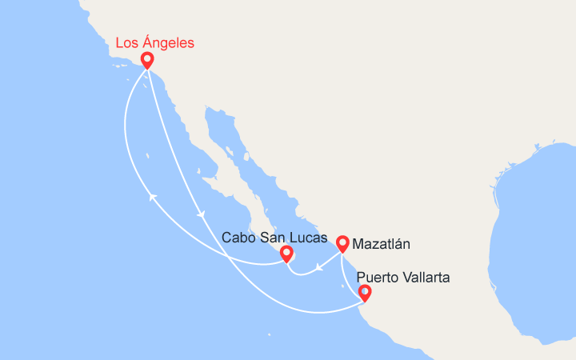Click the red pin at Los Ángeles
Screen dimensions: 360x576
[x=147, y=60]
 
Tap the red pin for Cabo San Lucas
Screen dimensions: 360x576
[x=286, y=254]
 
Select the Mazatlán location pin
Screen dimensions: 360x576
[x=342, y=243]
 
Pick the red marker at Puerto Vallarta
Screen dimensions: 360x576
[x=365, y=293]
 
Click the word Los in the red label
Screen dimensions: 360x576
[x=126, y=42]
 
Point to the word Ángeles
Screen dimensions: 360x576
[x=167, y=43]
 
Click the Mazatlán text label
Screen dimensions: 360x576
[x=382, y=242]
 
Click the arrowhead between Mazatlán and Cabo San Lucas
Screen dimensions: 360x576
[x=318, y=266]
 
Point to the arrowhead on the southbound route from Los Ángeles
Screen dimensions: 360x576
[x=200, y=214]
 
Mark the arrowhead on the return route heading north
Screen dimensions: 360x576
[x=151, y=195]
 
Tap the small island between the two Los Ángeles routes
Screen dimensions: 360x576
[x=147, y=156]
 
